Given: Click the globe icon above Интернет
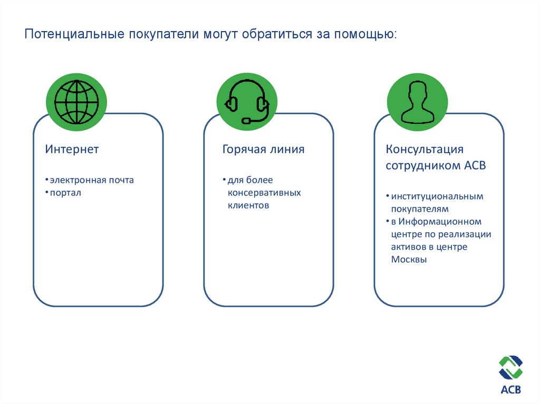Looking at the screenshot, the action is tap(76, 102).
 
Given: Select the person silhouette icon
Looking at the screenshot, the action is tap(417, 102).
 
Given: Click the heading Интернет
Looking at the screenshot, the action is tap(72, 150).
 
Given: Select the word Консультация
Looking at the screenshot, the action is tap(425, 150).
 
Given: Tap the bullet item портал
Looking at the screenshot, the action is tap(66, 193).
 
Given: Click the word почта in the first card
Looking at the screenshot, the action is tap(121, 180).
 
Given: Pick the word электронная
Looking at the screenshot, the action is tap(78, 180).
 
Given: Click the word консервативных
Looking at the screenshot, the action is tap(264, 193).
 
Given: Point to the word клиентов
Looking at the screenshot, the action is tap(248, 205).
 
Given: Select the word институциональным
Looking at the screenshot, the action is tap(437, 196).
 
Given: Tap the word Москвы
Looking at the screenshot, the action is tap(409, 260).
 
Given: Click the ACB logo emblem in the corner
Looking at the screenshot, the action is tap(510, 368).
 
